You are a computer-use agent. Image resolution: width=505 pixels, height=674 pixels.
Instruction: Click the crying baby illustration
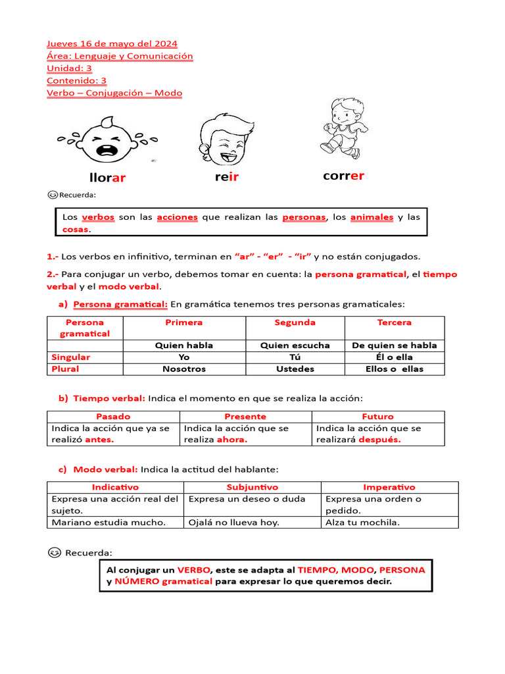(x=107, y=140)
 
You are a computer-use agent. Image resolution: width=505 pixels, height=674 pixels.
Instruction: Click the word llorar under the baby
(x=107, y=178)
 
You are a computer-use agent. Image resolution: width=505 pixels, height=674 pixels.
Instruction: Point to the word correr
(x=343, y=176)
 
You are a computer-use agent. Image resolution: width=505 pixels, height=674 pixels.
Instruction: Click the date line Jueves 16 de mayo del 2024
(x=112, y=43)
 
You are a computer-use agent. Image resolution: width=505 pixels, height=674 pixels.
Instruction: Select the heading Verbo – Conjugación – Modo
(x=114, y=93)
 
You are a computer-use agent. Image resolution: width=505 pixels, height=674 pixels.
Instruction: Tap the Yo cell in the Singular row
(x=184, y=357)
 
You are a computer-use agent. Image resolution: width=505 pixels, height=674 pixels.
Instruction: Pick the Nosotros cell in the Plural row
(x=184, y=369)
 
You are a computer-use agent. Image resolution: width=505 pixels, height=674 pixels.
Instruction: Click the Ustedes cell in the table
(x=295, y=369)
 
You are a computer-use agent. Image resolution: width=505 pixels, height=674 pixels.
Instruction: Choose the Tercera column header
(x=395, y=323)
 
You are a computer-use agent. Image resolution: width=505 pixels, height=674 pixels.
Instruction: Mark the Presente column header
(x=245, y=417)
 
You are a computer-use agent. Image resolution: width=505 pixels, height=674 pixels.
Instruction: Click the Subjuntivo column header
(x=252, y=487)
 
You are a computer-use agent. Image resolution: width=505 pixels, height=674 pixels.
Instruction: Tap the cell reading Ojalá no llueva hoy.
(x=234, y=522)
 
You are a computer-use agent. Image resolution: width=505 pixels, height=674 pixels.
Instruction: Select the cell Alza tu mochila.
(x=363, y=522)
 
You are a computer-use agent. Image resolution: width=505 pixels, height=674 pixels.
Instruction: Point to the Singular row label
(x=71, y=357)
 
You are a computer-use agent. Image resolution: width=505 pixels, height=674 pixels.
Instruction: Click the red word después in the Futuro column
(x=379, y=440)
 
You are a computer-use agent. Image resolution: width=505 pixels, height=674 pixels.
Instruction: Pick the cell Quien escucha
(x=295, y=345)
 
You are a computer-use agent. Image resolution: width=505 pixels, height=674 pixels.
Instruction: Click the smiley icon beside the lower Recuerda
(x=55, y=552)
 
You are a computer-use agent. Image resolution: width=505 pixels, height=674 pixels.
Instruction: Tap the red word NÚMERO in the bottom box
(x=136, y=581)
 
